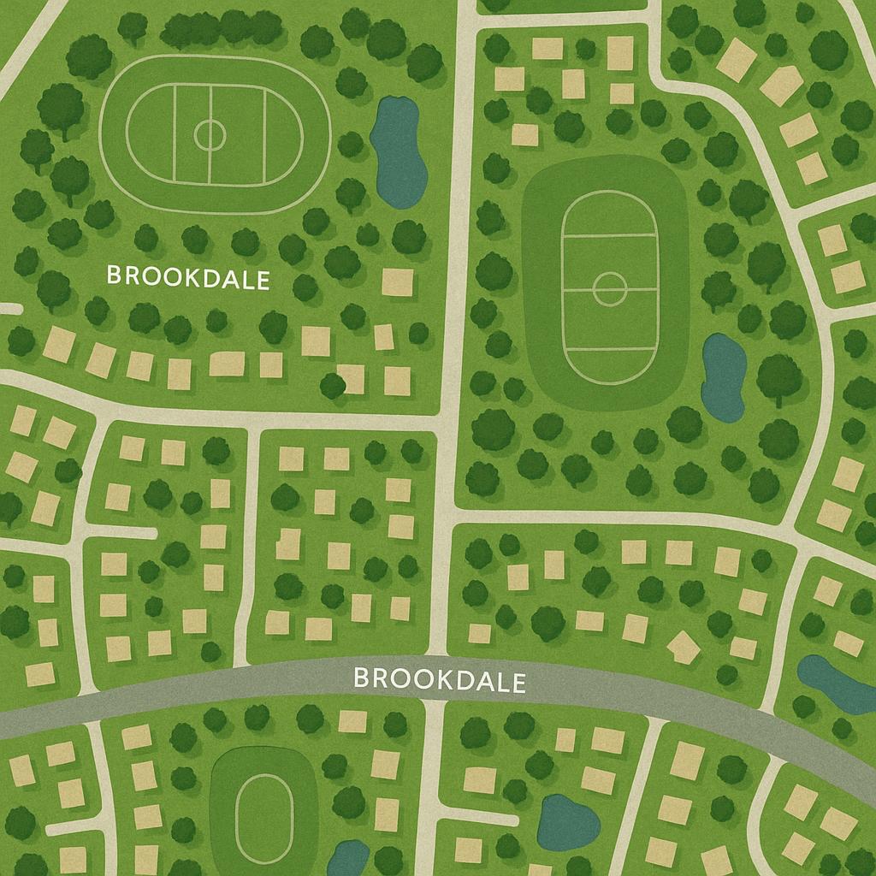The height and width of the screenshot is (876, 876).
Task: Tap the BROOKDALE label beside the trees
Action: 187,277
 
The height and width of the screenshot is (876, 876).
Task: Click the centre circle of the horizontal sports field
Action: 209,133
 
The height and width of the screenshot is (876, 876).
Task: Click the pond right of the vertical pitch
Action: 723,377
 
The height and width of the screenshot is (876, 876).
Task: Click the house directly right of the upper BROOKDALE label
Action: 397,281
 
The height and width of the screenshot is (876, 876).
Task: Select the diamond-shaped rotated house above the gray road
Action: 683,647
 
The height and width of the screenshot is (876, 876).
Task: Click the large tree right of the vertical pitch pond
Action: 778,376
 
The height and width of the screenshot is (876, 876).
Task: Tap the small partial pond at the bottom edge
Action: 348,858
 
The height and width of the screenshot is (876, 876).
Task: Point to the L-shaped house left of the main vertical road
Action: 288,544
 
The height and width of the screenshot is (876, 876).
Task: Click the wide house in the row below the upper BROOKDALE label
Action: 227,364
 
